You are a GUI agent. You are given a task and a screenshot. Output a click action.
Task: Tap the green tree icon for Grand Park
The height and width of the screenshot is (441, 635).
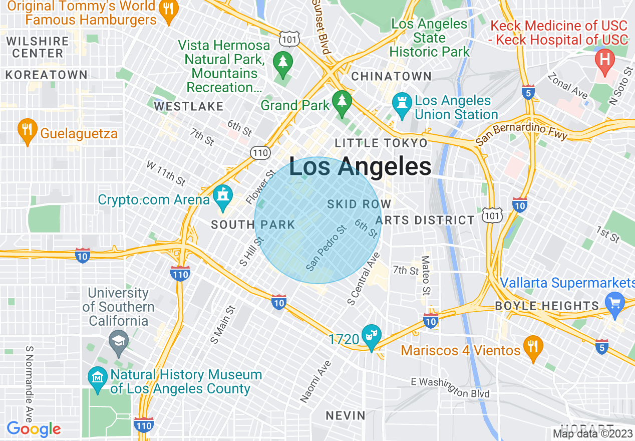pyautogui.click(x=343, y=103)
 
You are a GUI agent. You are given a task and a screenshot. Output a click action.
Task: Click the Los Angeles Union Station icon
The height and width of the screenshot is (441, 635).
pyautogui.click(x=402, y=106)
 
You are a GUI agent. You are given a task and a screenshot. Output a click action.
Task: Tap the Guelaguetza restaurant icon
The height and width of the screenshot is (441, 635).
pyautogui.click(x=27, y=131)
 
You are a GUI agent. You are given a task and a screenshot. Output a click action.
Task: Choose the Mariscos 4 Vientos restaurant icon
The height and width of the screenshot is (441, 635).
pyautogui.click(x=533, y=347)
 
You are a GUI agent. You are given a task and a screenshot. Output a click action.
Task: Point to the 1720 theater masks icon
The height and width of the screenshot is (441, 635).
pyautogui.click(x=372, y=337)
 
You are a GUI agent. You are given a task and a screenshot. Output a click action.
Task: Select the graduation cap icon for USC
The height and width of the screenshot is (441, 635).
pyautogui.click(x=119, y=341)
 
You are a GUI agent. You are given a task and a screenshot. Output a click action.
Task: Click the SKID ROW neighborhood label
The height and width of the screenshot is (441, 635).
pyautogui.click(x=359, y=204)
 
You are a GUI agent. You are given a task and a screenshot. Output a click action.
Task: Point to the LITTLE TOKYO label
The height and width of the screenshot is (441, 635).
pyautogui.click(x=381, y=143)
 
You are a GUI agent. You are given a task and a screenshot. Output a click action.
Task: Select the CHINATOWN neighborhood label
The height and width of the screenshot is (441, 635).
pyautogui.click(x=391, y=76)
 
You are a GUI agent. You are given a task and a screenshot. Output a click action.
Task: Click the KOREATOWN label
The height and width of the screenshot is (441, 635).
pyautogui.click(x=46, y=75)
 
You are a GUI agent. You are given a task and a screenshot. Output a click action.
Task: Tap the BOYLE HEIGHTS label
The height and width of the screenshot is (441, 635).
pyautogui.click(x=547, y=306)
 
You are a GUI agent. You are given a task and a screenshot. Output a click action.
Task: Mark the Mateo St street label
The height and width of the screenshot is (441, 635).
pyautogui.click(x=426, y=276)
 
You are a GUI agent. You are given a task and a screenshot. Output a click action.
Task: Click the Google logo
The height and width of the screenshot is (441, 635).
pyautogui.click(x=34, y=429)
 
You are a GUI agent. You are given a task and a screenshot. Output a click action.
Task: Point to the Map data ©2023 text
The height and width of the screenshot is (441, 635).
pyautogui.click(x=592, y=433)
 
